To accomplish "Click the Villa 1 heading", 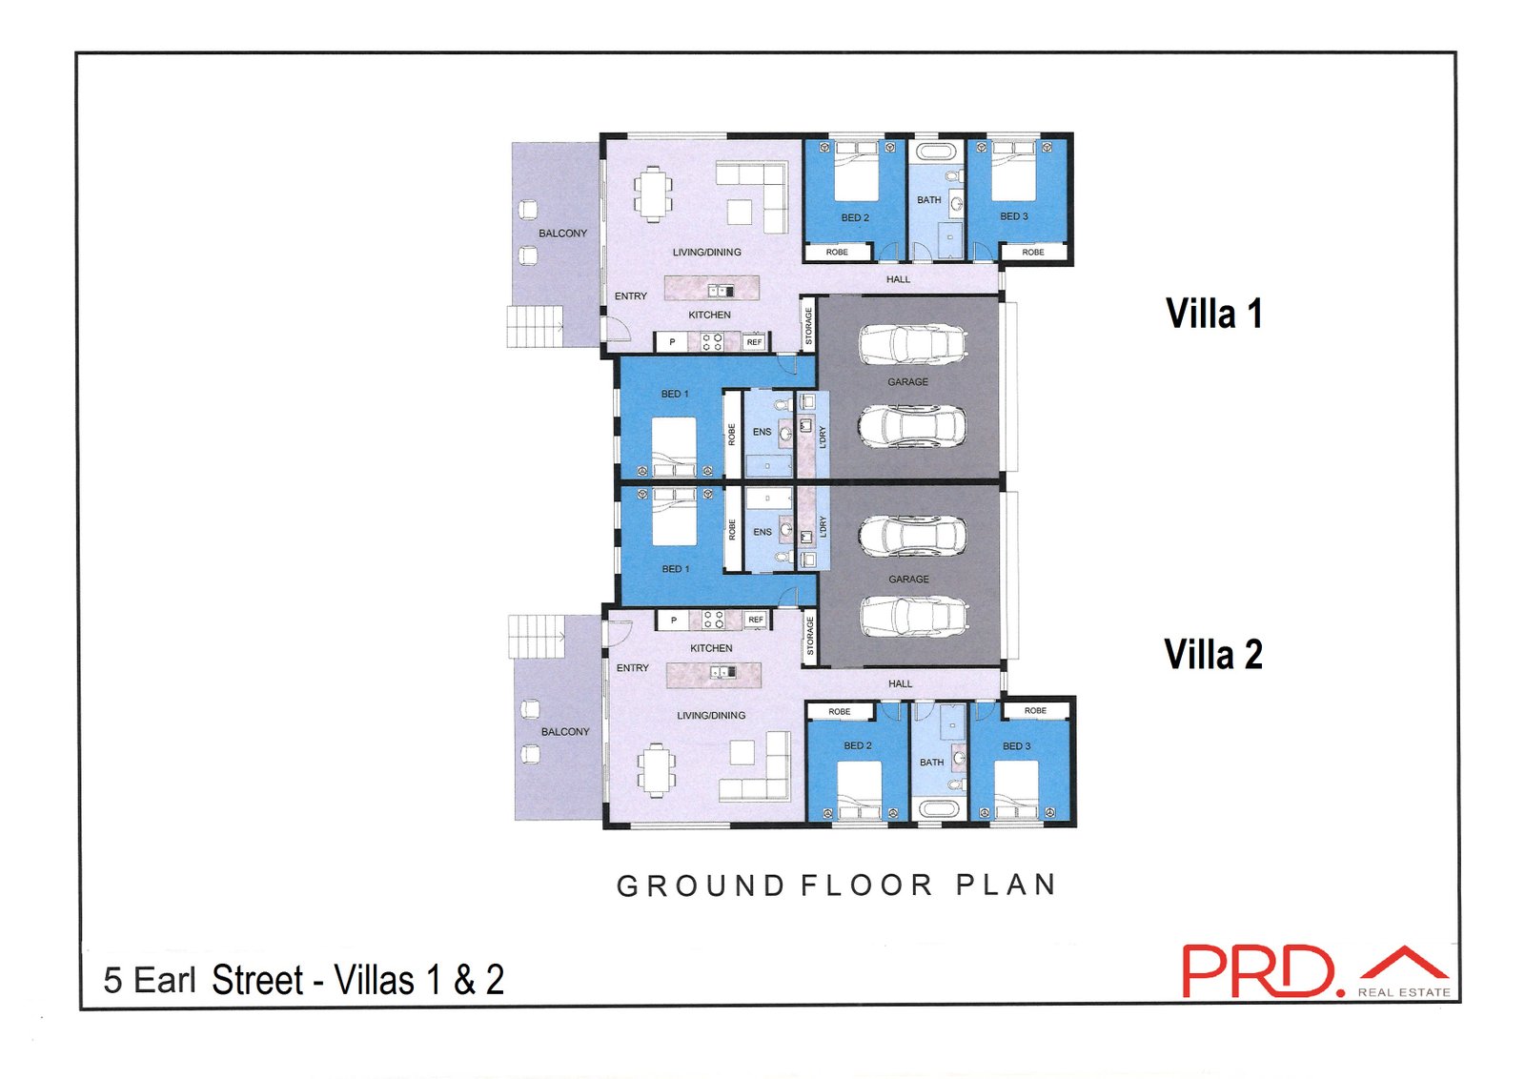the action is click(1214, 314).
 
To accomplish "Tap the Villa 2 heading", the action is click(1213, 654).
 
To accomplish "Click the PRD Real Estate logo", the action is click(1315, 971).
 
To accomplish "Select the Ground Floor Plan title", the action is click(837, 885).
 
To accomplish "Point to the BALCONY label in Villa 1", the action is click(562, 234).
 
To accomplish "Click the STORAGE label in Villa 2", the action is click(810, 636).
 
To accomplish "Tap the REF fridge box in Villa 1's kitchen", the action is click(754, 342).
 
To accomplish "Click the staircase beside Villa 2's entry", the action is click(537, 637).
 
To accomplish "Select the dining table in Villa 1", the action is click(653, 193).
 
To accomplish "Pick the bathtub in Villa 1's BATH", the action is click(938, 151).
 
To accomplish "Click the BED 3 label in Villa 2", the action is click(1016, 746).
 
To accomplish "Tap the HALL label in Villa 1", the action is click(898, 279).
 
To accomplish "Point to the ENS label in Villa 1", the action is click(762, 432).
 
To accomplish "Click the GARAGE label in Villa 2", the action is click(909, 580).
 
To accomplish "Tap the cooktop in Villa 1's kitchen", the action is click(713, 342).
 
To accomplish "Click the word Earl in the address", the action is click(165, 980).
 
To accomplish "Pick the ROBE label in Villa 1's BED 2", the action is click(837, 252).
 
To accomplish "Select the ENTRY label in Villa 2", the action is click(633, 668).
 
